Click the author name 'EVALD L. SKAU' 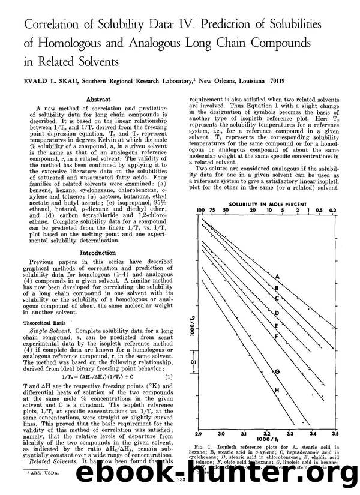51,77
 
